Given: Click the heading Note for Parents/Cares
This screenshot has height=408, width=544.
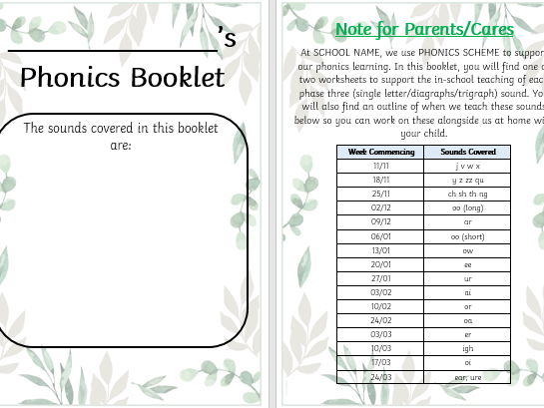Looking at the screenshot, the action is (x=424, y=29).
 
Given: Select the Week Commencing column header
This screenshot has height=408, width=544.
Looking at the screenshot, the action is (x=380, y=152).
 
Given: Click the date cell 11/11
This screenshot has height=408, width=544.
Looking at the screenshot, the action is (x=380, y=166).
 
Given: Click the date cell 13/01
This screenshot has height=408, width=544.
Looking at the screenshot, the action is (x=380, y=250).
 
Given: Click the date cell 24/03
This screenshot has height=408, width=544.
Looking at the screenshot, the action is (x=380, y=377).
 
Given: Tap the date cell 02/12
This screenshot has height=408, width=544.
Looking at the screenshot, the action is (x=380, y=207).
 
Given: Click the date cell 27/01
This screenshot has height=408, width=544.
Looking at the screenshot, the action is (x=380, y=278).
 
